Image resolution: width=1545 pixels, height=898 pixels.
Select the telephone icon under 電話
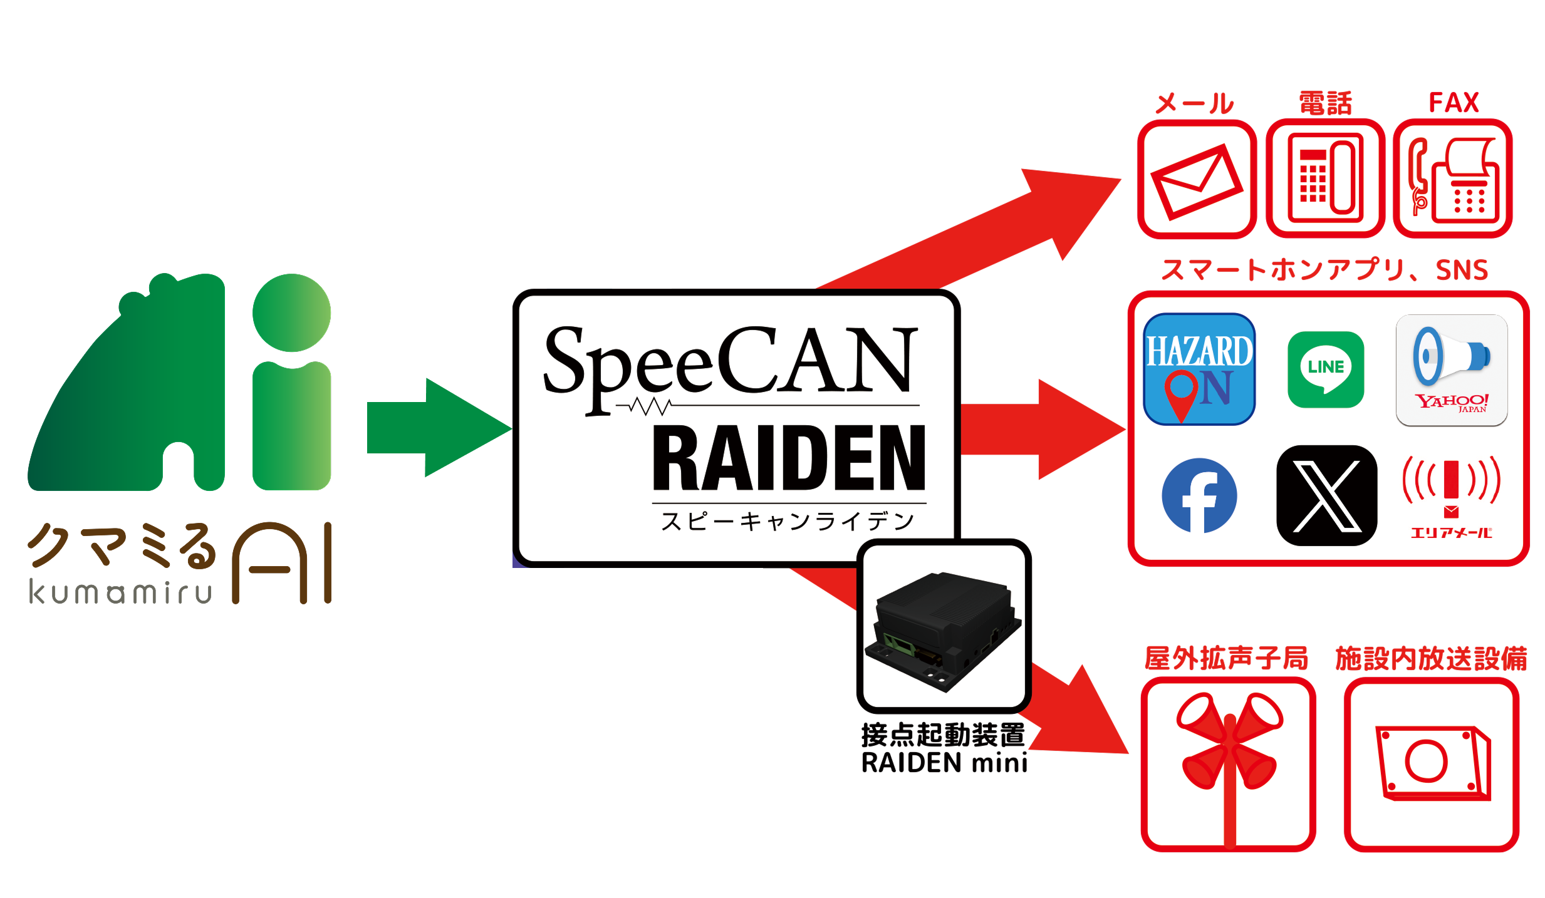[x=1325, y=179]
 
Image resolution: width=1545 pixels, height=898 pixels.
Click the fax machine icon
[x=1453, y=179]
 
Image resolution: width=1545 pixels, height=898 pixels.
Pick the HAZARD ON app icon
[x=1199, y=369]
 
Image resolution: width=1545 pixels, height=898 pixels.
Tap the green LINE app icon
[x=1326, y=369]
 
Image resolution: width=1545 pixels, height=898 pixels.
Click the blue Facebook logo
[x=1199, y=496]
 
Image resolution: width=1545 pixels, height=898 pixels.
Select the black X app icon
[x=1326, y=495]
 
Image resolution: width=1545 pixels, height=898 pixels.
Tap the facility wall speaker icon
[x=1432, y=764]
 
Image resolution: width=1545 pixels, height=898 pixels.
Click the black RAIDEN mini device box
[x=944, y=629]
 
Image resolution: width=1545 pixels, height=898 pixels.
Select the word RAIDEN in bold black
[x=788, y=458]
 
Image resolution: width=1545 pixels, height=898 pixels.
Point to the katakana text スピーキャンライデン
[x=788, y=521]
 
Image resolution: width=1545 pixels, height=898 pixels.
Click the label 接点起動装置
[x=943, y=735]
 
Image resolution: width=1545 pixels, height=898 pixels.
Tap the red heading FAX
[x=1454, y=103]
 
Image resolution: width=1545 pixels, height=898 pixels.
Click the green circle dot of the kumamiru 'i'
[x=291, y=312]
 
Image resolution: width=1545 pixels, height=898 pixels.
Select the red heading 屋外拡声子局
[x=1226, y=659]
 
